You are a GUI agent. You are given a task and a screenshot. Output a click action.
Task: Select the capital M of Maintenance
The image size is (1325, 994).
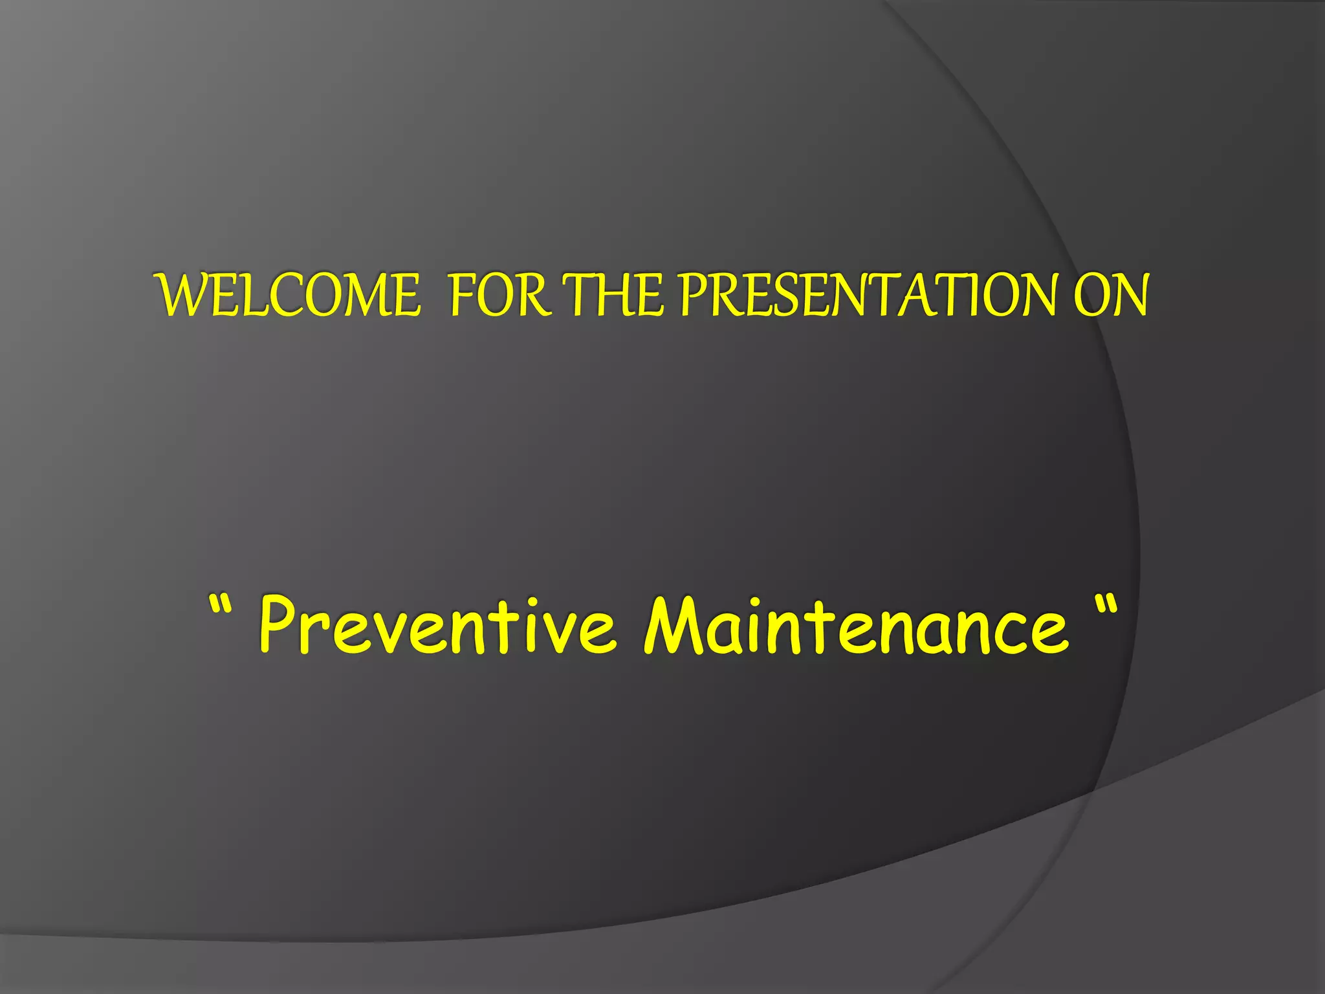[673, 624]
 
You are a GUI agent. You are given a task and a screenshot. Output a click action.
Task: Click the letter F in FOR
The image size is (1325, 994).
[462, 295]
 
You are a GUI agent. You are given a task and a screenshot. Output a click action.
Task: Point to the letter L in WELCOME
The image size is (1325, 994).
[256, 295]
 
